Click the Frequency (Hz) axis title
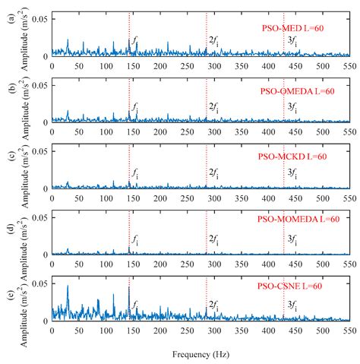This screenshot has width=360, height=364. point(201,354)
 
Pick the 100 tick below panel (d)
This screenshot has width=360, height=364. point(106,264)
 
